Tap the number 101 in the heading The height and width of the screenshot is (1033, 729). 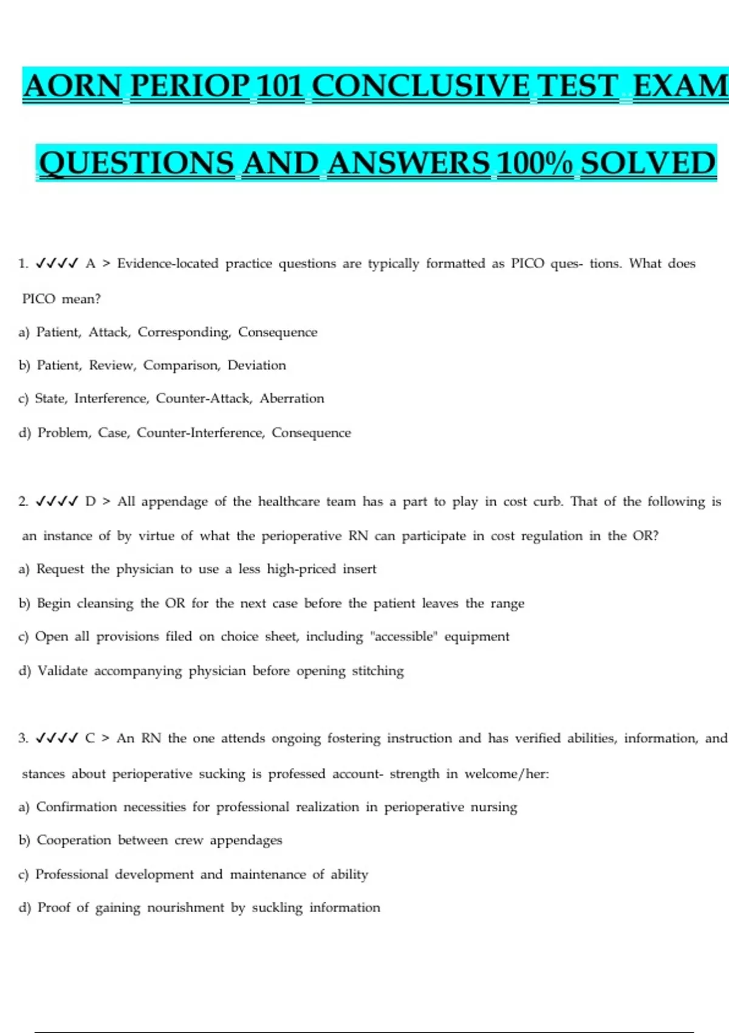pos(280,86)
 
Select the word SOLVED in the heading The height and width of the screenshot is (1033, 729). pos(648,163)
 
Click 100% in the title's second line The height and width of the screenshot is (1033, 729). pos(535,163)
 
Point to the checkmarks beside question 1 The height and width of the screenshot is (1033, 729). pos(57,264)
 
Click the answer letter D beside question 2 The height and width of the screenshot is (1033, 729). pos(91,502)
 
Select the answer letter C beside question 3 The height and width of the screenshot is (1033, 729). pos(91,738)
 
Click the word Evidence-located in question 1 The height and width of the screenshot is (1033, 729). pos(168,264)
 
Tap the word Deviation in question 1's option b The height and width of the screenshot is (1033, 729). pos(256,365)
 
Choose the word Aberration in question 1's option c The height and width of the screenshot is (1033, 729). pos(292,399)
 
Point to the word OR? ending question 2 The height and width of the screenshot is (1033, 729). pos(645,536)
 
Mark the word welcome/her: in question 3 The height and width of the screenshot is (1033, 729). pos(507,774)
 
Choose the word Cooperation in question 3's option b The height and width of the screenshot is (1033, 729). pos(74,840)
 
